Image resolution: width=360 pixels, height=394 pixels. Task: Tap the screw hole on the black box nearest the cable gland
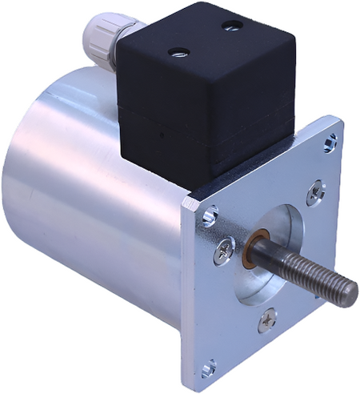(178, 54)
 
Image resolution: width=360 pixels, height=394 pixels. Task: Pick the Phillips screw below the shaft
(266, 321)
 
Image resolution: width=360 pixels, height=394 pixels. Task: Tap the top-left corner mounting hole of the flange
(210, 215)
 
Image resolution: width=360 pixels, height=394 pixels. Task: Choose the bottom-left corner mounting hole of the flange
(209, 368)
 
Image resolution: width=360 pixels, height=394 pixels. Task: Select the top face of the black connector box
(204, 40)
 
